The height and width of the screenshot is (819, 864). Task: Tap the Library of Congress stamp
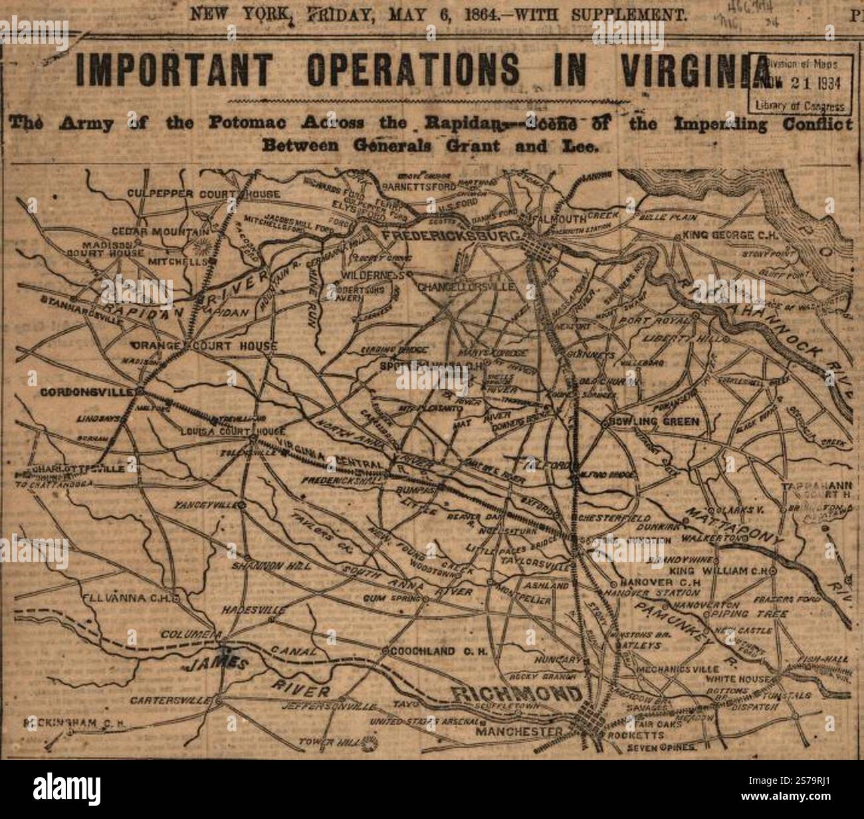pos(800,85)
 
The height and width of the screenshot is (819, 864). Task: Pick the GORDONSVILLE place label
pos(91,391)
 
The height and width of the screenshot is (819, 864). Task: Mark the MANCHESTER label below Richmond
pos(522,732)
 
